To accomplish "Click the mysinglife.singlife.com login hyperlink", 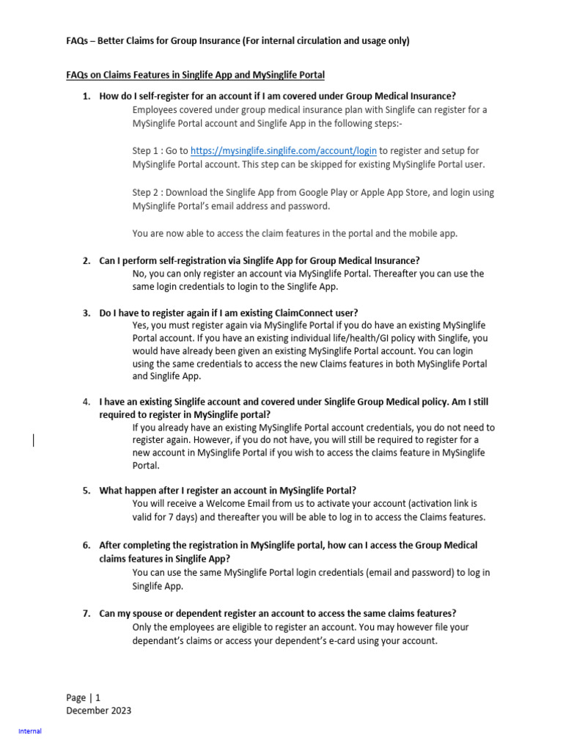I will [284, 151].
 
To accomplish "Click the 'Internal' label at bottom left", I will [30, 731].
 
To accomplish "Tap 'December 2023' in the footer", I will [99, 711].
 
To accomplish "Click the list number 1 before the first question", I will [85, 96].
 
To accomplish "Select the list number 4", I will [85, 402].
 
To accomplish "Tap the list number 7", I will [85, 613].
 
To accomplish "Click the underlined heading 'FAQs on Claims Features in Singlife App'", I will [196, 75].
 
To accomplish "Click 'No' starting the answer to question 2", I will [139, 274].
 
